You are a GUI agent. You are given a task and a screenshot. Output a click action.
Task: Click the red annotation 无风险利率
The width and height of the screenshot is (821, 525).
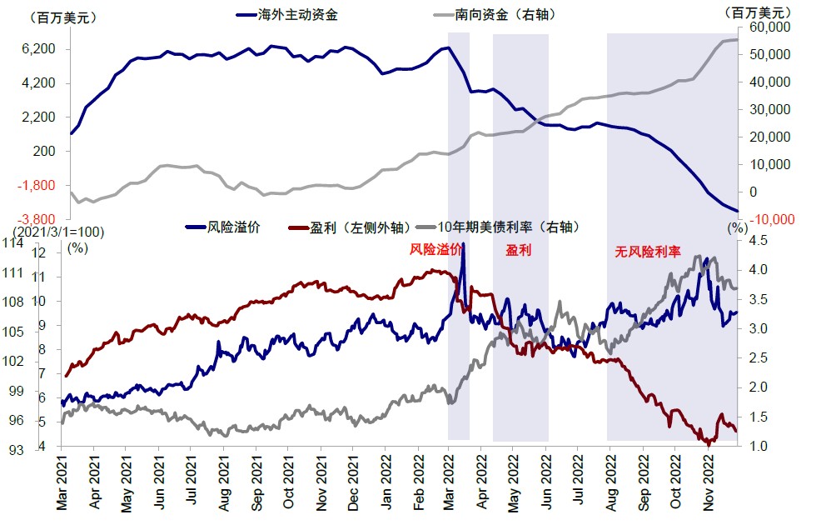(x=648, y=251)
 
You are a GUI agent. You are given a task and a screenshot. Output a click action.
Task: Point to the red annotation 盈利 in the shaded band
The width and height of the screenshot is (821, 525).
(x=518, y=250)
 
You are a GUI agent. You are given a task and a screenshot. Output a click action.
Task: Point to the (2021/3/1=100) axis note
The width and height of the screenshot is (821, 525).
(x=46, y=231)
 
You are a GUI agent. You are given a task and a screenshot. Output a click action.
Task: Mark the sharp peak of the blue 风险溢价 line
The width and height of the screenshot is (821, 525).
(x=463, y=244)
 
